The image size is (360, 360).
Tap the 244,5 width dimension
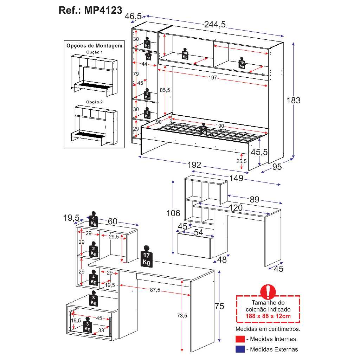215,24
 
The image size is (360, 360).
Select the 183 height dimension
294,100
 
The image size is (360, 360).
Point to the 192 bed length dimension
194,165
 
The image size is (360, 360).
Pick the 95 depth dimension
277,167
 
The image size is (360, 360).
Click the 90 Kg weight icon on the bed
203,128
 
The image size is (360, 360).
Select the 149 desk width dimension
236,178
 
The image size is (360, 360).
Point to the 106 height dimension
173,213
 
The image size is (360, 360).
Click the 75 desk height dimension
219,306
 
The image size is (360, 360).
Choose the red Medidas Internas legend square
240,339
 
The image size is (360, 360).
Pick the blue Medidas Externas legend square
240,349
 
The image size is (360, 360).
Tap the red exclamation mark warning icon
268,292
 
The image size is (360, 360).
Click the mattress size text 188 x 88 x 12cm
268,316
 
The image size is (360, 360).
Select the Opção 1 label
94,52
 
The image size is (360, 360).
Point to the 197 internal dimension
213,78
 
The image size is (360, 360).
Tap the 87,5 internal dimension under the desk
155,290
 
